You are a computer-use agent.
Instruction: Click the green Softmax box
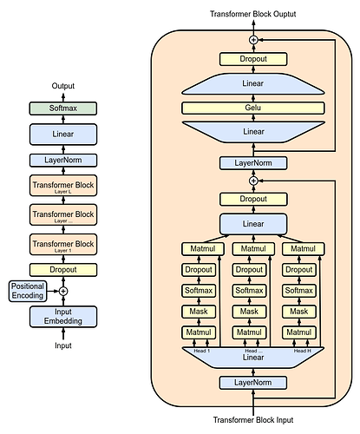tap(62, 108)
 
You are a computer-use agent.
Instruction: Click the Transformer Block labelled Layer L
tap(62, 187)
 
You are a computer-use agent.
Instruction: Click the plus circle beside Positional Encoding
tap(62, 292)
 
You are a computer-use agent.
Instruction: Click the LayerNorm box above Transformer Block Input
tap(254, 382)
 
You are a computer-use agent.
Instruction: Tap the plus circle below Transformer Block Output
tap(254, 41)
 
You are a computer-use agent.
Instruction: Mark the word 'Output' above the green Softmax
tap(62, 86)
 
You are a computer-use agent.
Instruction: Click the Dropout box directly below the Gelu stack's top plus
tap(254, 59)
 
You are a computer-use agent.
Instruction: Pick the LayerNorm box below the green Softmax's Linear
tap(62, 160)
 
